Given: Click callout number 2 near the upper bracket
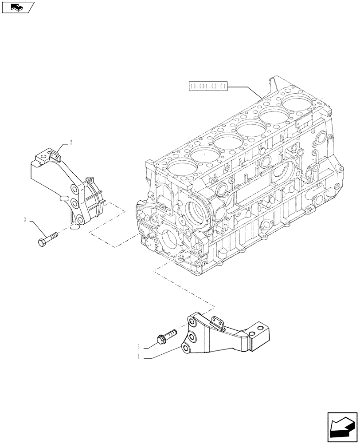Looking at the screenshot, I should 70,143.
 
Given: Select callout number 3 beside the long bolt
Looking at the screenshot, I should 26,219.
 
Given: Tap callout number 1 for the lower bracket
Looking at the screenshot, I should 139,356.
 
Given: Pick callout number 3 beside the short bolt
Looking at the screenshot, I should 139,346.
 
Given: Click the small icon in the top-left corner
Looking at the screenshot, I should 17,7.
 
